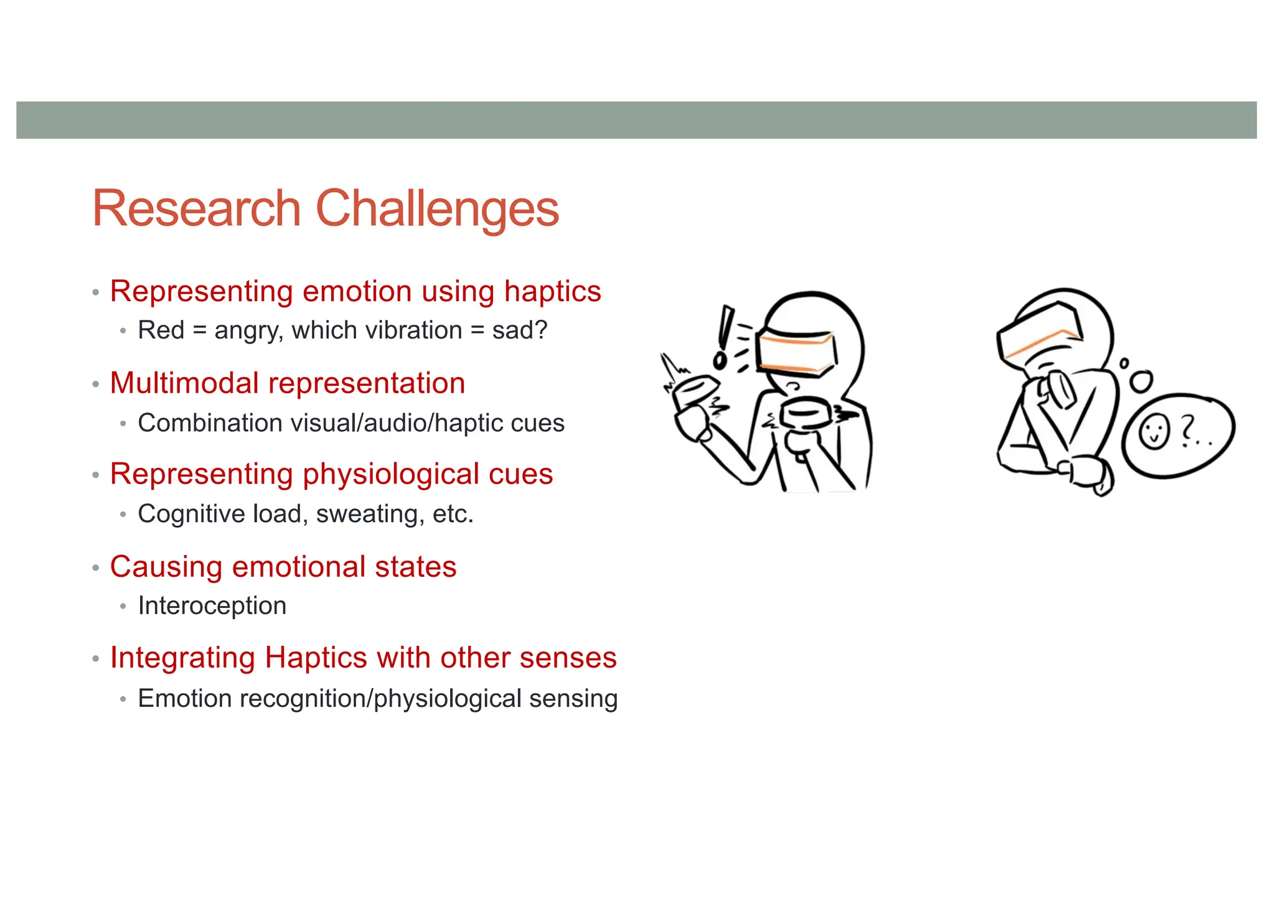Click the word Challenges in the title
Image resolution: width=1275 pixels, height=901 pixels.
(437, 209)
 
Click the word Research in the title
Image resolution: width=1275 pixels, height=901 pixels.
(197, 209)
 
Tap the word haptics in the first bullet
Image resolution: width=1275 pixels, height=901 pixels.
(552, 292)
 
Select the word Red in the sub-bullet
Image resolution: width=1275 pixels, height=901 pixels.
(161, 330)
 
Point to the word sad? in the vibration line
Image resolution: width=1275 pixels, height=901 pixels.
(519, 330)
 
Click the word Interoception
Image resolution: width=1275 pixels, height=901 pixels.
(212, 605)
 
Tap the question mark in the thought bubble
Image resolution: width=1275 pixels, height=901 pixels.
(1188, 429)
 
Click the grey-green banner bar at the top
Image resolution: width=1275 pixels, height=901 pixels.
(636, 120)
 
